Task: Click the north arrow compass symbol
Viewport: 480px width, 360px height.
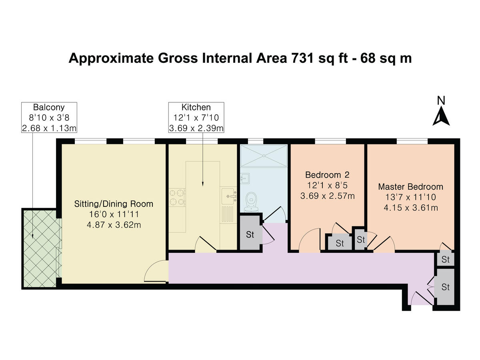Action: click(441, 117)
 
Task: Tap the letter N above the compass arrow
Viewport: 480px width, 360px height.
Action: click(441, 101)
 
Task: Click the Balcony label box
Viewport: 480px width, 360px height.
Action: click(49, 117)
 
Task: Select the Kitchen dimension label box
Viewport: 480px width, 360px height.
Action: click(196, 117)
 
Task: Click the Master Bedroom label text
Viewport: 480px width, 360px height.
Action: click(410, 187)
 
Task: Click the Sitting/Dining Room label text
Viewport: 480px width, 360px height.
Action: click(114, 204)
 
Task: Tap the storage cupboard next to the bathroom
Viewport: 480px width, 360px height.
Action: click(250, 235)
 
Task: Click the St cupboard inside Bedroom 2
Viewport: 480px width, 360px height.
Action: click(340, 243)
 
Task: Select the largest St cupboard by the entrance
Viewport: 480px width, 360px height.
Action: click(445, 287)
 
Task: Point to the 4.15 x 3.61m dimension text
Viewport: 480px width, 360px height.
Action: click(410, 208)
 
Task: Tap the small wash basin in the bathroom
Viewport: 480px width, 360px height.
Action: click(245, 178)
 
